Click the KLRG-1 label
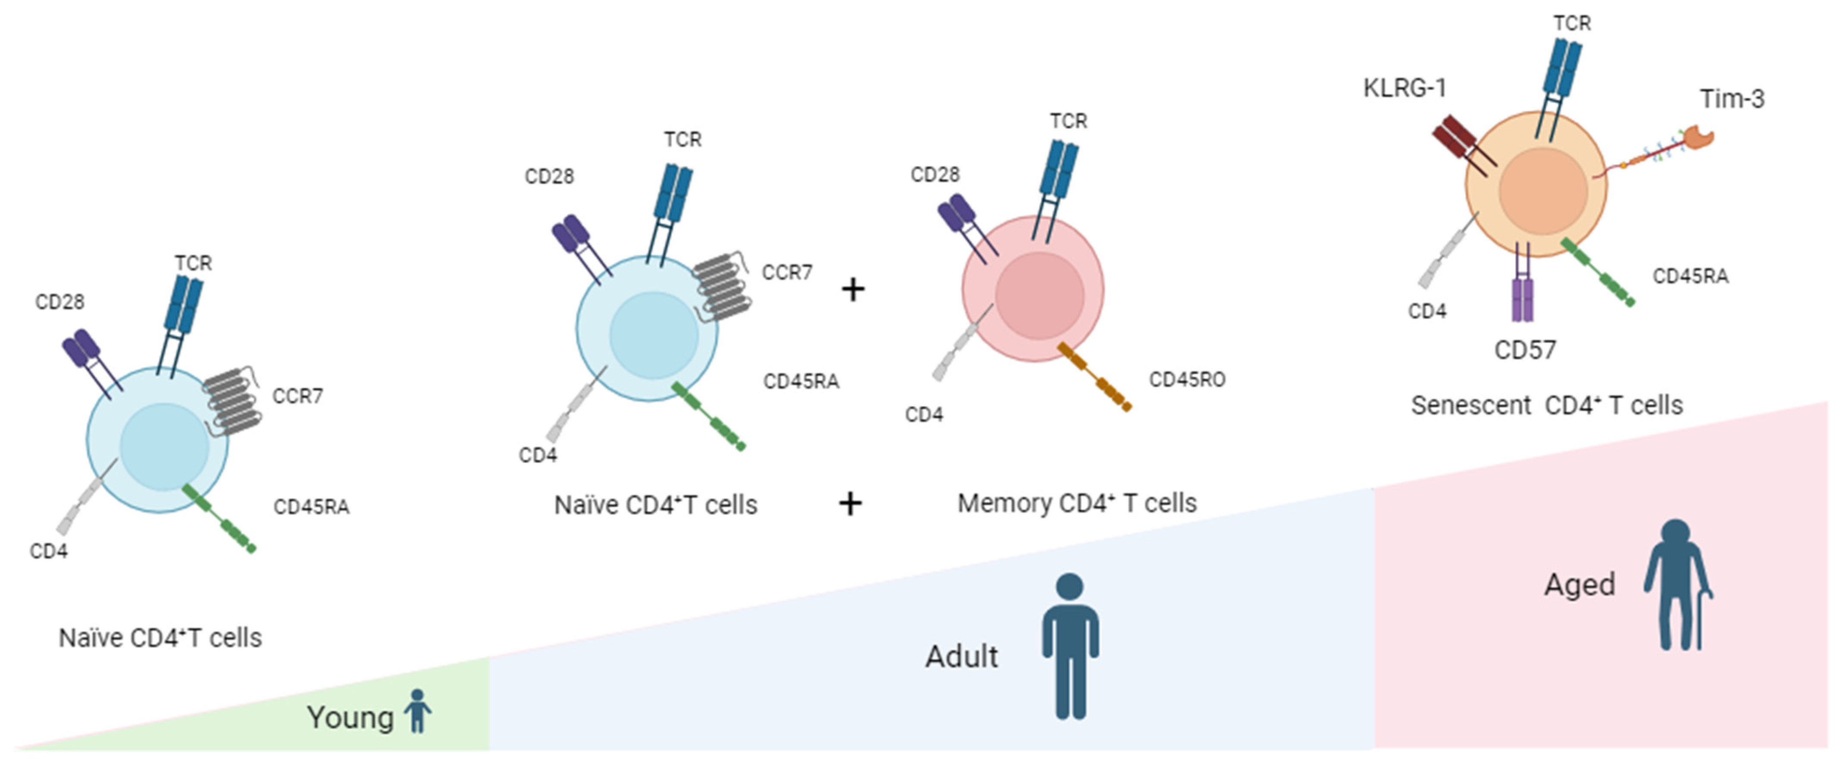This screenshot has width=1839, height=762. point(1404,88)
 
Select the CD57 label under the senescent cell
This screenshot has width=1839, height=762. point(1525,350)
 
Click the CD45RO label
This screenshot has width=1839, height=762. point(1186,380)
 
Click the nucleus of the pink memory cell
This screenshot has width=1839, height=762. point(1039,295)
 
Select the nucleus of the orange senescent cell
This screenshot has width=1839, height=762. point(1543,191)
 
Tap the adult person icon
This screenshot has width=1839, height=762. point(1070,646)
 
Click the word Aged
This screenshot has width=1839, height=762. point(1579,585)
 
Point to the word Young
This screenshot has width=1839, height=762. point(350,718)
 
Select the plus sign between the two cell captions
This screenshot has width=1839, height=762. point(850,504)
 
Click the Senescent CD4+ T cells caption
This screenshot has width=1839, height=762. point(1546,405)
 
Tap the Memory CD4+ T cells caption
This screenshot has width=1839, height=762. point(1076,503)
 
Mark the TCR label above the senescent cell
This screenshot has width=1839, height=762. point(1572,24)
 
